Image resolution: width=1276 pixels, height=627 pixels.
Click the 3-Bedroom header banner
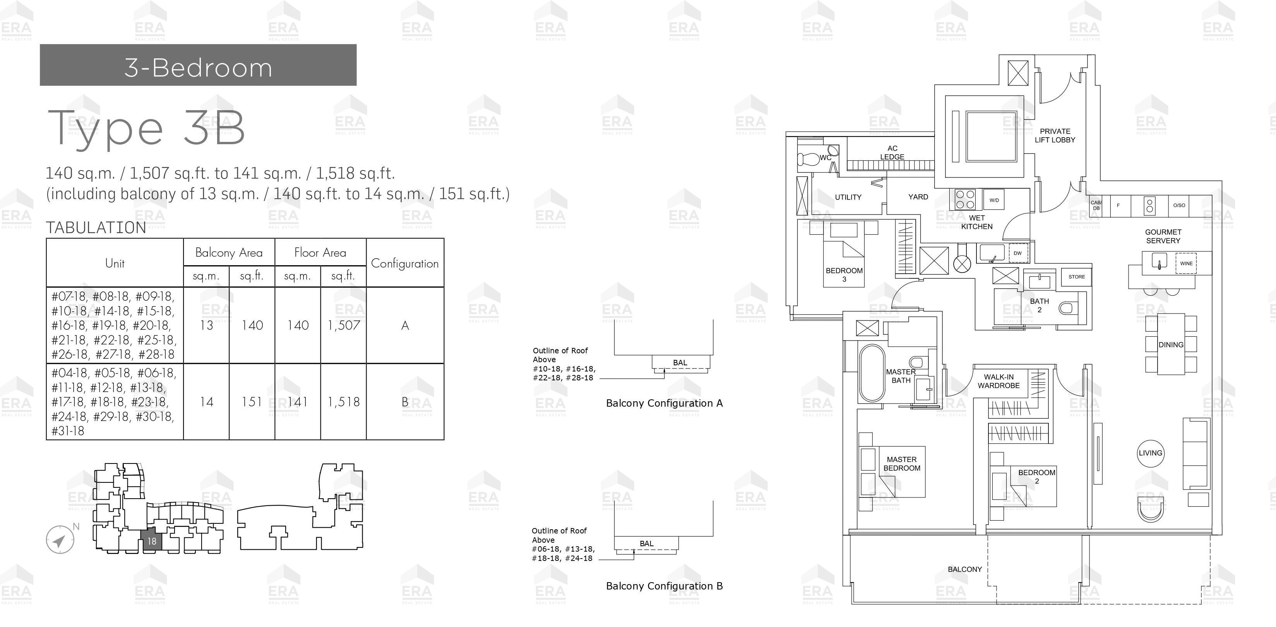click(198, 65)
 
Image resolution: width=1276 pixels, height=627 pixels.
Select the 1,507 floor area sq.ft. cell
click(343, 325)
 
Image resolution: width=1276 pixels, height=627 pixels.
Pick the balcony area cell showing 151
click(252, 402)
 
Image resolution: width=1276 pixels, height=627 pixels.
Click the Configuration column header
click(405, 263)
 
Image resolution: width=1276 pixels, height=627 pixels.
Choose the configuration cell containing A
click(405, 325)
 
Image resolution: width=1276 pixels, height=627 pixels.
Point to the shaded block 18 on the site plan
click(152, 541)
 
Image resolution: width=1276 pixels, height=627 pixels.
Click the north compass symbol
click(60, 539)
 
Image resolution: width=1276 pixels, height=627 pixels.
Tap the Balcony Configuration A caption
click(664, 403)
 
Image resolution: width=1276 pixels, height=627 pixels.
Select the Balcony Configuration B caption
click(664, 586)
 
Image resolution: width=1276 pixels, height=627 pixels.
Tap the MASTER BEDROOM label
click(901, 464)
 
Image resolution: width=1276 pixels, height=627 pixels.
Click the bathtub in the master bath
click(872, 373)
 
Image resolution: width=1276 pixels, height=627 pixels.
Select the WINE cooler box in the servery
click(1186, 263)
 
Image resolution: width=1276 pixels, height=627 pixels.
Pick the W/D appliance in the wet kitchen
click(993, 200)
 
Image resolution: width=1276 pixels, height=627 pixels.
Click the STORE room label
click(1076, 277)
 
